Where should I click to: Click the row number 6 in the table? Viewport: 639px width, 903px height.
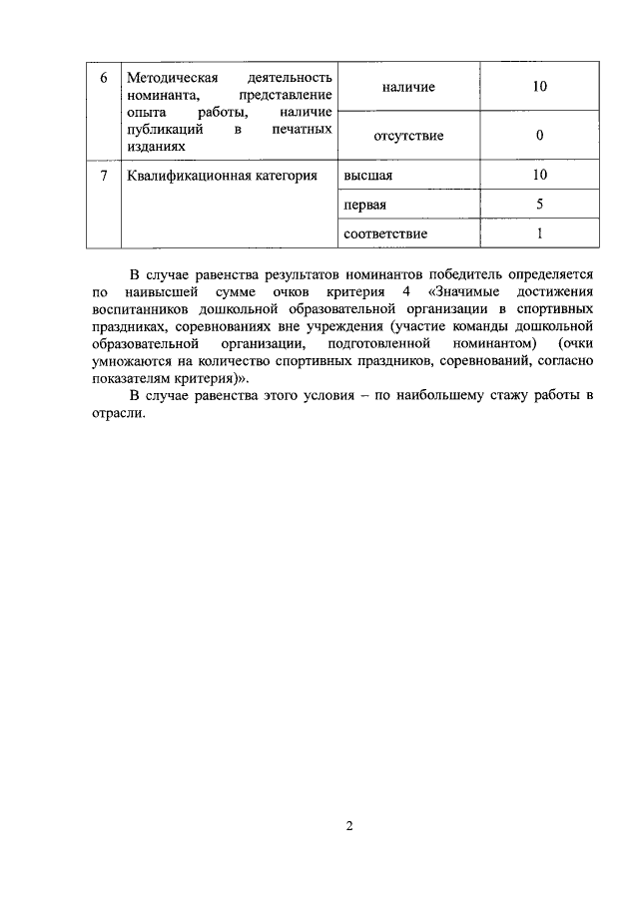tap(103, 78)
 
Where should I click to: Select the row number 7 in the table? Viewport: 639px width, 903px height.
tap(103, 176)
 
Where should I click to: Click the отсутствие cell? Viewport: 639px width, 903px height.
tap(407, 135)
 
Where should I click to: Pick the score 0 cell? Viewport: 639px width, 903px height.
tap(539, 135)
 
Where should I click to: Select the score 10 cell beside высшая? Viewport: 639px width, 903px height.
tap(539, 176)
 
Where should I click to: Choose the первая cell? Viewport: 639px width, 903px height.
tap(364, 205)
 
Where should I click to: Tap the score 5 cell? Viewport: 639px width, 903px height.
tap(539, 205)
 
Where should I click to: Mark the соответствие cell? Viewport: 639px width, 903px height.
tap(384, 233)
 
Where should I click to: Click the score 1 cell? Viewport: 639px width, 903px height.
tap(539, 233)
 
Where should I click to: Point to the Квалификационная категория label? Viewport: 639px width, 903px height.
tap(223, 176)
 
